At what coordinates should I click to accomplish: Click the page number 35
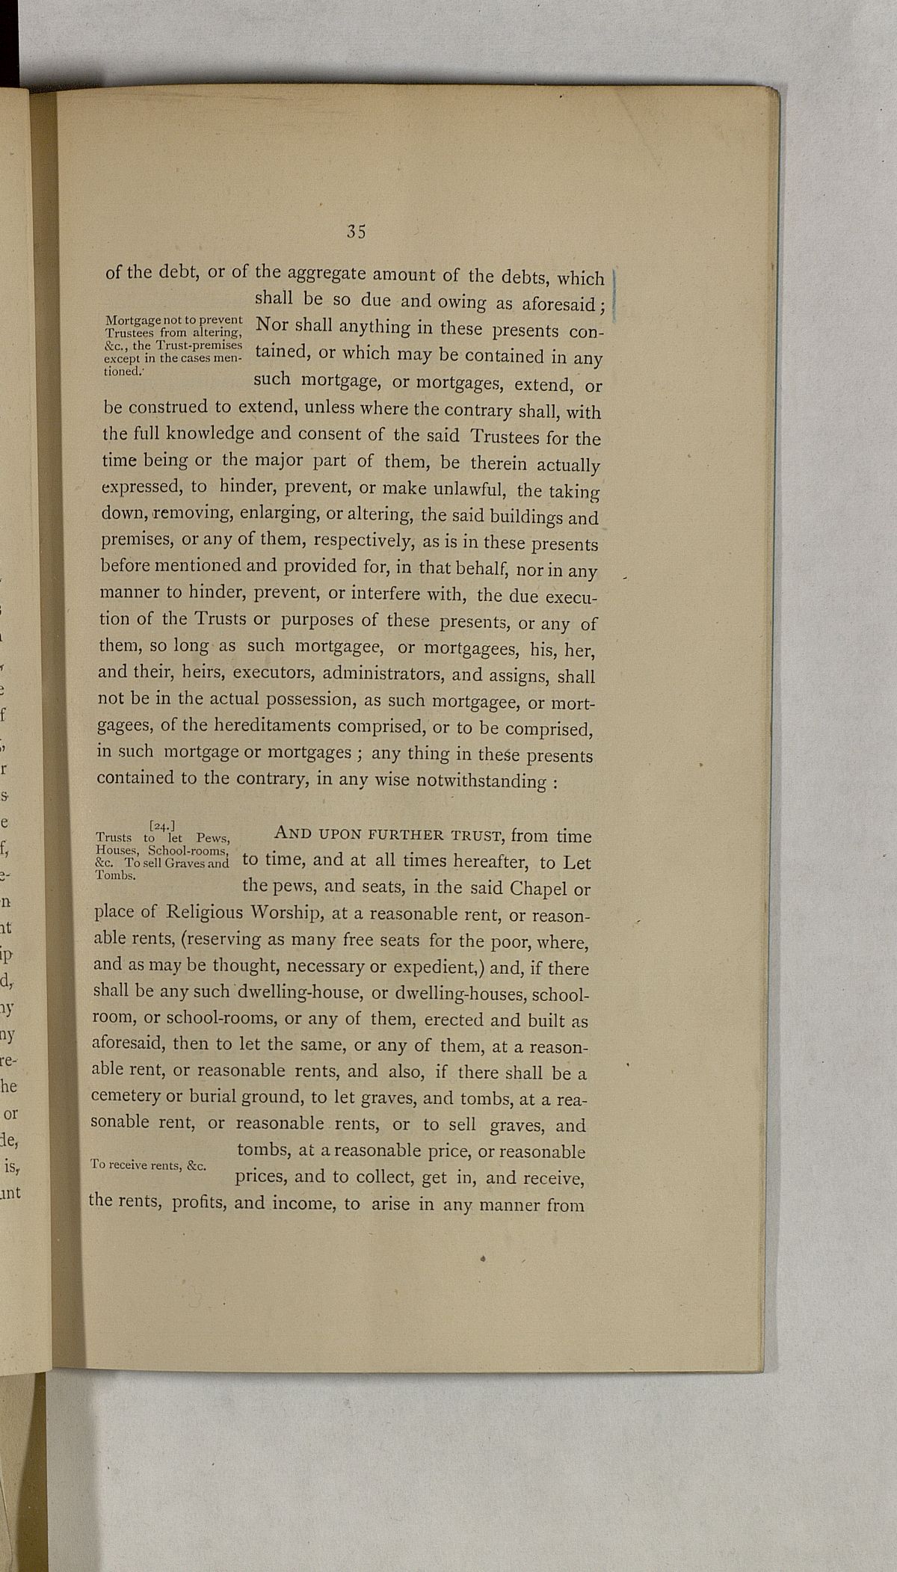[x=356, y=232]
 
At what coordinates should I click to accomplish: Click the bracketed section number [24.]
[x=161, y=825]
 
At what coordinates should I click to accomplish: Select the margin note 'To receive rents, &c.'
[x=147, y=1164]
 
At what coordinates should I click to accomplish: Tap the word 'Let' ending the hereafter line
[x=576, y=863]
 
